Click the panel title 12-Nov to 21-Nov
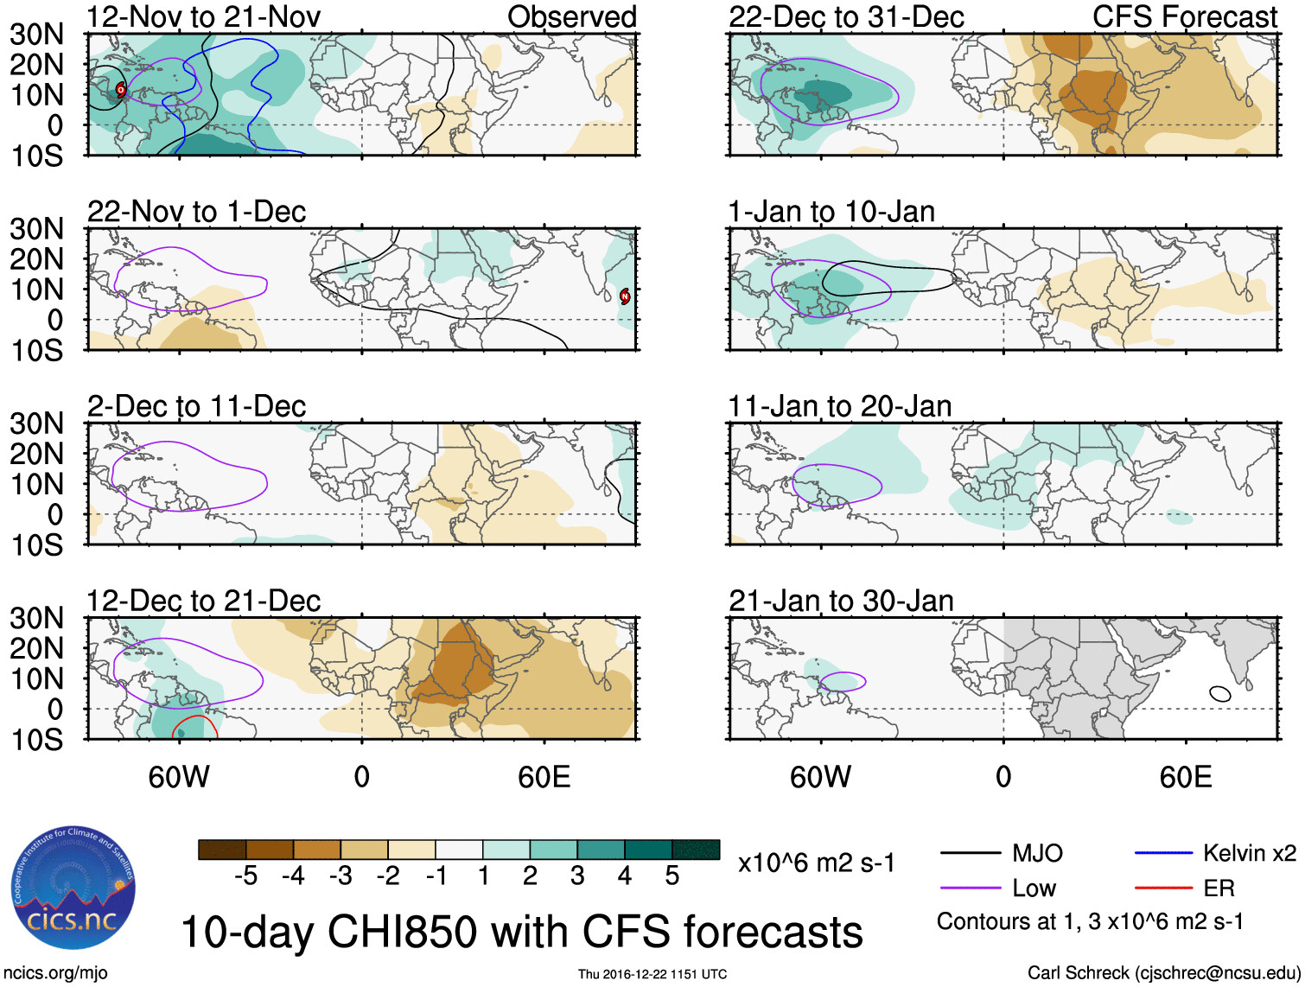[x=204, y=16]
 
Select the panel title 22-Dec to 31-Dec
[x=846, y=16]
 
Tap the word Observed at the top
[x=571, y=16]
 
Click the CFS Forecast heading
[x=1184, y=16]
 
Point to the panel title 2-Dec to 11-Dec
[x=197, y=406]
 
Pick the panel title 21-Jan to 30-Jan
[x=841, y=601]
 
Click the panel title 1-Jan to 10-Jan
[x=831, y=212]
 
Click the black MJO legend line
[x=970, y=854]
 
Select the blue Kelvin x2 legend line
[x=1163, y=853]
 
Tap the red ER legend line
[x=1163, y=888]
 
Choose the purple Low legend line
[x=970, y=888]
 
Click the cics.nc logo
[x=73, y=888]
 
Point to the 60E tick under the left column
[x=544, y=777]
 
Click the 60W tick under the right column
[x=820, y=777]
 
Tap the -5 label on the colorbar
[x=245, y=876]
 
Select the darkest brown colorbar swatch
[x=222, y=850]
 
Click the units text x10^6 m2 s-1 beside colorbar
[x=816, y=863]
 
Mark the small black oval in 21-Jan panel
[x=1220, y=693]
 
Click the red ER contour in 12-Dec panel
[x=195, y=718]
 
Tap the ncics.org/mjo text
[x=54, y=973]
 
